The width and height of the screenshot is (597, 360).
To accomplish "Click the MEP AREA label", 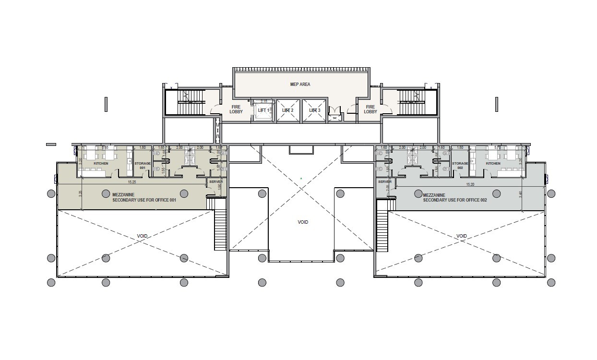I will pyautogui.click(x=300, y=84).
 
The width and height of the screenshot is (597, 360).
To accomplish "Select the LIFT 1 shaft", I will pyautogui.click(x=263, y=110).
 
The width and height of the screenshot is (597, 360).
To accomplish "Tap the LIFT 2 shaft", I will pyautogui.click(x=288, y=110).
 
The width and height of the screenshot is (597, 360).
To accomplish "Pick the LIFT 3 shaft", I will pyautogui.click(x=314, y=110).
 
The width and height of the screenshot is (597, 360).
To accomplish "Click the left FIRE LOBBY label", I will pyautogui.click(x=236, y=109).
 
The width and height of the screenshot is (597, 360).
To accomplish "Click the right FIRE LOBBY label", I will pyautogui.click(x=370, y=109).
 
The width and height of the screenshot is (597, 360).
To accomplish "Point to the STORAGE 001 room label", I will pyautogui.click(x=143, y=166).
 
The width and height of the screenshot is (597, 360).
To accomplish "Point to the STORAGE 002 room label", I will pyautogui.click(x=460, y=166).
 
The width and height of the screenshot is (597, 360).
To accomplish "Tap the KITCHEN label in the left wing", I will pyautogui.click(x=101, y=164).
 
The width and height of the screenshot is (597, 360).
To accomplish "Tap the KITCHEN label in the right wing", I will pyautogui.click(x=493, y=164).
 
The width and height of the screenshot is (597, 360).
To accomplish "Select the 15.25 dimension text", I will pyautogui.click(x=131, y=182).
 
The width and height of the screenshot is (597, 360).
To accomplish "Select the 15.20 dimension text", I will pyautogui.click(x=470, y=184).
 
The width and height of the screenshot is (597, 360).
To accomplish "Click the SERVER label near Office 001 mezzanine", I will pyautogui.click(x=216, y=182).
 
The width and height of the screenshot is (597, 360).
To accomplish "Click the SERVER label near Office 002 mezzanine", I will pyautogui.click(x=385, y=182).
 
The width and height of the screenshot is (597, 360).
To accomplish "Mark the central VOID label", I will pyautogui.click(x=303, y=222).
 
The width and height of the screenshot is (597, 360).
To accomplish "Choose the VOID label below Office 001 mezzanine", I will pyautogui.click(x=142, y=236).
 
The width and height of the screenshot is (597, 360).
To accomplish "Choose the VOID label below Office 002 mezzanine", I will pyautogui.click(x=462, y=236).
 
